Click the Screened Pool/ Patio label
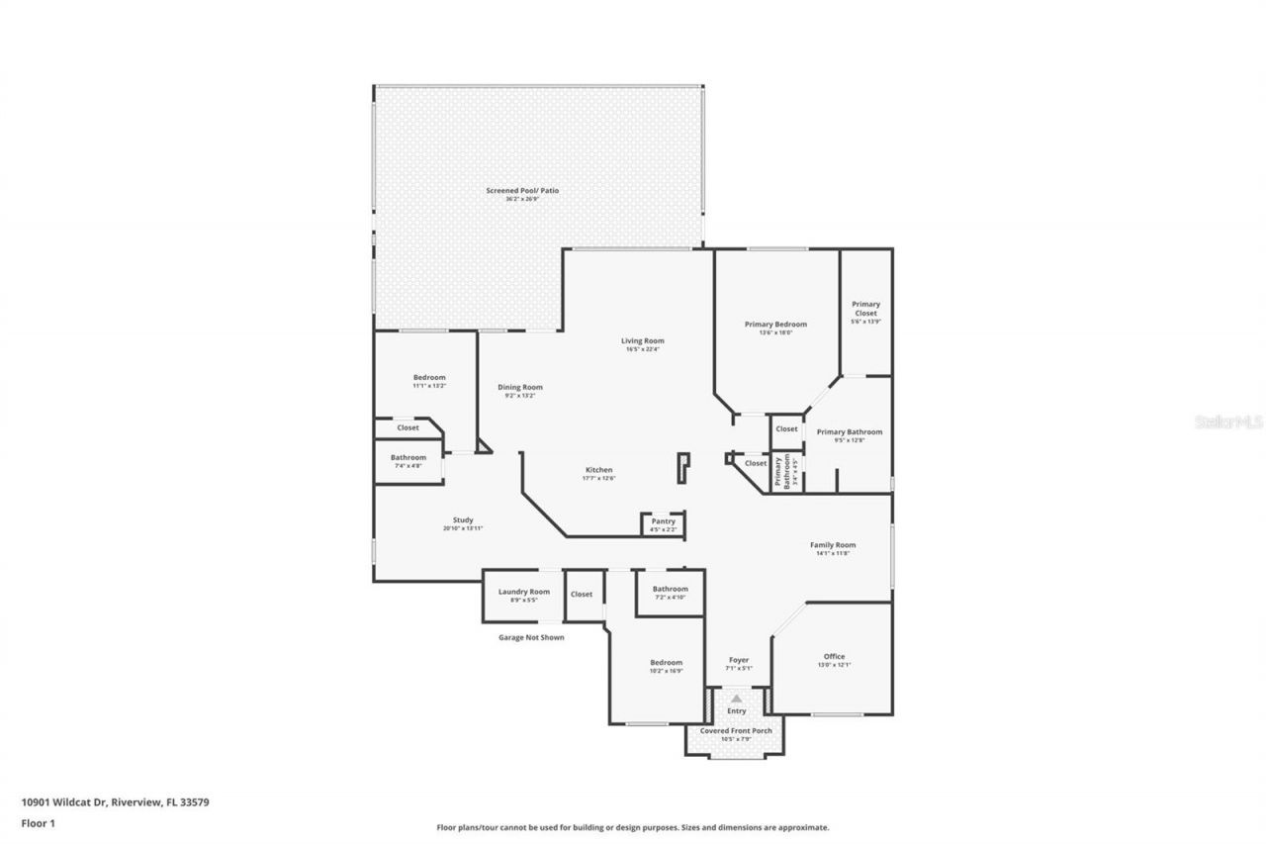[522, 190]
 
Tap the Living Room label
[642, 341]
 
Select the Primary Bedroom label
[775, 325]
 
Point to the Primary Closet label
[865, 309]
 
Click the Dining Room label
[519, 388]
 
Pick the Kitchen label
[598, 470]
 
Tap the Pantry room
[663, 523]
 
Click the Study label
[463, 520]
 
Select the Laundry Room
[523, 595]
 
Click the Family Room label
[832, 545]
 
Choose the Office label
[834, 657]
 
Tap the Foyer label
[739, 660]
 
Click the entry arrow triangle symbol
[736, 699]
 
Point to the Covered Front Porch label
[736, 731]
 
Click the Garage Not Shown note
[531, 638]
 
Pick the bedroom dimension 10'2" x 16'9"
[666, 671]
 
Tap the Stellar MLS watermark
[1228, 422]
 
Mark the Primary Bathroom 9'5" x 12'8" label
[849, 432]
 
